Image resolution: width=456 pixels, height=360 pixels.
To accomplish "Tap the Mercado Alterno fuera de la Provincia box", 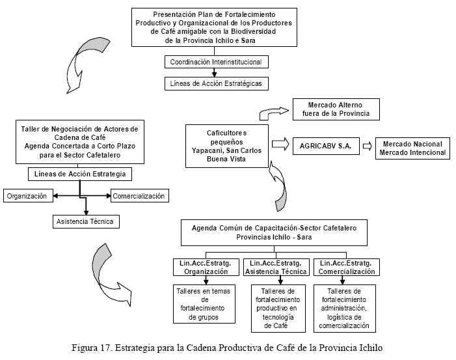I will pos(336,109).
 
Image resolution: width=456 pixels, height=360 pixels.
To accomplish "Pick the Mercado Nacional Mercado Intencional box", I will pos(412,148).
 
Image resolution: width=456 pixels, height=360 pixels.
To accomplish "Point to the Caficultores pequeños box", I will pos(225,145).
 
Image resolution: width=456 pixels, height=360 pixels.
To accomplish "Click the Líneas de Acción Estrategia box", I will pos(79,174).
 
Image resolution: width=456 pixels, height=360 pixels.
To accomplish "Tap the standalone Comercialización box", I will pos(139,195).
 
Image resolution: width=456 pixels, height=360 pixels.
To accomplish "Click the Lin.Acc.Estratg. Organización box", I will pos(207,267).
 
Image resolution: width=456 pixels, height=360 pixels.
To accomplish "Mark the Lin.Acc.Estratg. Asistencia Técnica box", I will pos(278,267).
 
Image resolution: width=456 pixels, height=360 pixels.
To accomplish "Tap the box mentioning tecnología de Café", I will pos(278,308).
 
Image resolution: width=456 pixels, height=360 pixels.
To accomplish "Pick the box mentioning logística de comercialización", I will pos(345,308).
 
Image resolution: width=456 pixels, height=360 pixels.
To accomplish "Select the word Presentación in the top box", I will pos(174,14).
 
